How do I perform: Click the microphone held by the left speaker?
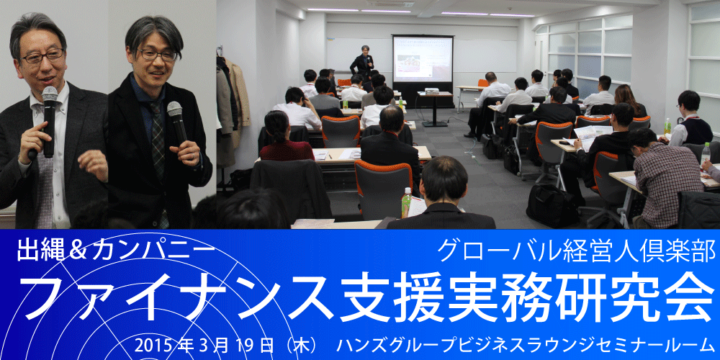(49, 120)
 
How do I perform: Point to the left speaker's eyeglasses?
(42, 56)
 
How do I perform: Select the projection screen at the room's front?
(423, 59)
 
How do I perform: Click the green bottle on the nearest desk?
(406, 202)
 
